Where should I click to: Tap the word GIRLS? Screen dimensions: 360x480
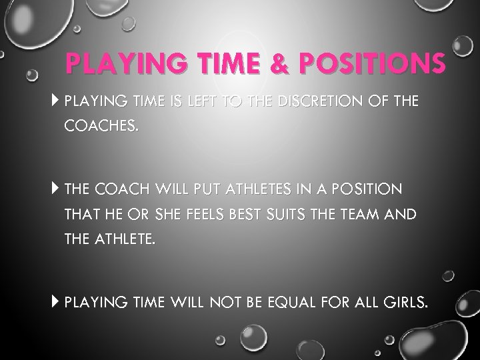tap(402, 303)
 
